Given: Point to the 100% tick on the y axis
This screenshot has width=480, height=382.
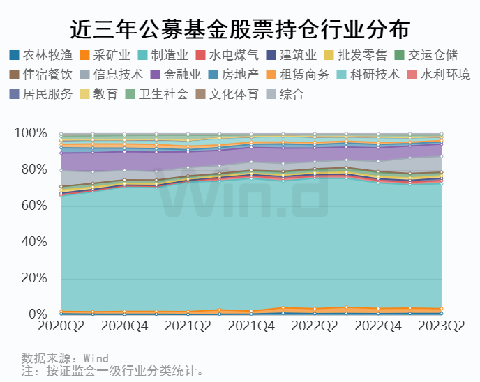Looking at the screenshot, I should pyautogui.click(x=31, y=133).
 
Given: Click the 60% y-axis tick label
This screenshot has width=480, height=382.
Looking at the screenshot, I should pyautogui.click(x=33, y=206).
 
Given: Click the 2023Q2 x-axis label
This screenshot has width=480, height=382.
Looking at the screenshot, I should pyautogui.click(x=441, y=326).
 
